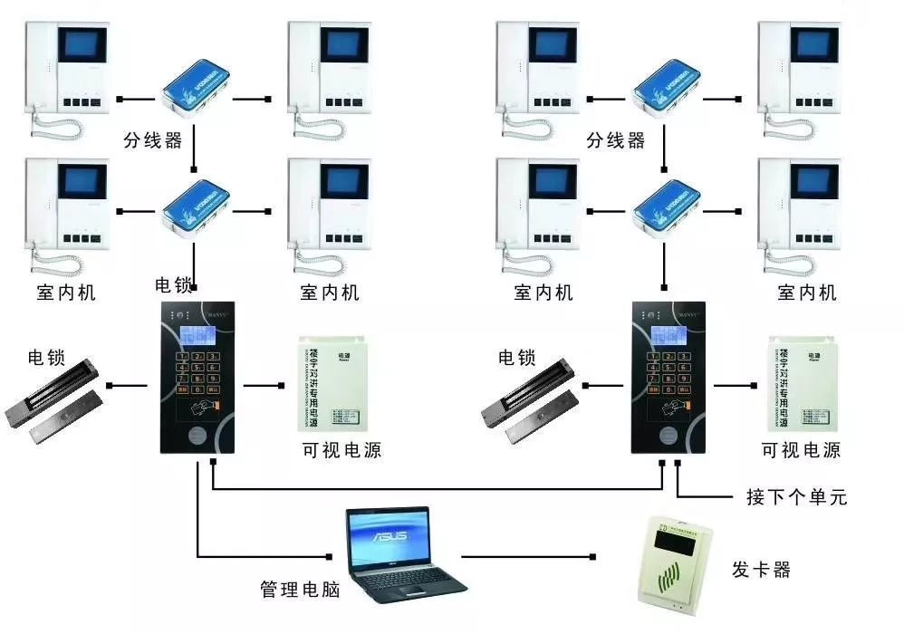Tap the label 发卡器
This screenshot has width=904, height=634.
pos(761,570)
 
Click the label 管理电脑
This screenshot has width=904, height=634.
pos(300,590)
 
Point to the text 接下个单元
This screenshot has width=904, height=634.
pos(796,497)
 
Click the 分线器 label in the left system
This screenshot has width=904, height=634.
pos(153,140)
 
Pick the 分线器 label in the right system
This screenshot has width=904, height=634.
pos(615,140)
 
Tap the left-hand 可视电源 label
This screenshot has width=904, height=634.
pos(341,450)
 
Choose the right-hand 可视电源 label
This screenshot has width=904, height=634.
pos(801,450)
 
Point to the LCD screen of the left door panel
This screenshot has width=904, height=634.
pos(199,334)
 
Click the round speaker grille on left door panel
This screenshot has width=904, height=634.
pos(198,433)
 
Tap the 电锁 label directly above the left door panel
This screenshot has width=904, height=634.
pos(174,286)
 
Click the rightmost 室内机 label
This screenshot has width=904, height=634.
pos(807,293)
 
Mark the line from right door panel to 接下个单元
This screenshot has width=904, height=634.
pos(707,496)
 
